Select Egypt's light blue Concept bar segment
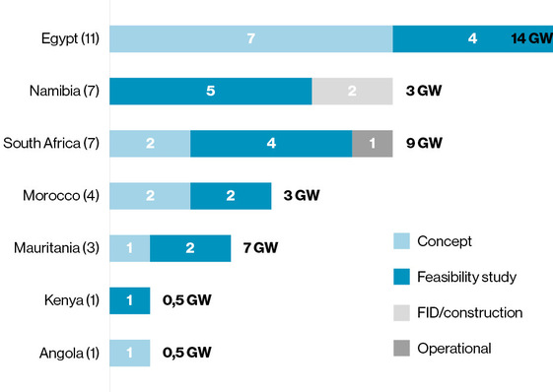[250, 39]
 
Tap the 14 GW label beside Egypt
[531, 39]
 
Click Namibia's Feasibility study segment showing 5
[210, 92]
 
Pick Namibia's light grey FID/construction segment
[352, 92]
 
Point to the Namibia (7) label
[64, 92]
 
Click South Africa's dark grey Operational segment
[372, 144]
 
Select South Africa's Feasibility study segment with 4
[271, 144]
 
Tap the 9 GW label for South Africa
[425, 144]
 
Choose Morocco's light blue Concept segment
[150, 196]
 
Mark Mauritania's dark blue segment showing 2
[190, 248]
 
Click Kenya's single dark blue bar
[129, 300]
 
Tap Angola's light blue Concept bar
[129, 353]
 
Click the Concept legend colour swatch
[399, 241]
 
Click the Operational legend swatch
[399, 348]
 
